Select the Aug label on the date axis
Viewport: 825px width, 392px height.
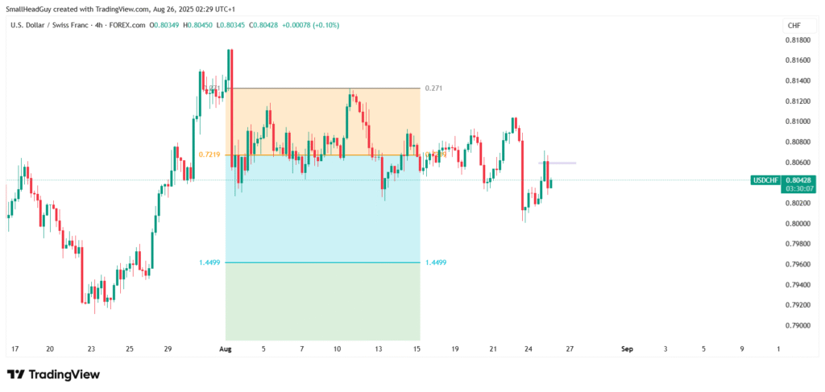tap(225, 349)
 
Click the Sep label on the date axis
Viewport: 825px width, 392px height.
tap(627, 349)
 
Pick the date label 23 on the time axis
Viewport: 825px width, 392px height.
tap(91, 349)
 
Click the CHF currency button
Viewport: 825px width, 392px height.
tap(794, 26)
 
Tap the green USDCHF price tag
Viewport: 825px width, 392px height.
tap(765, 179)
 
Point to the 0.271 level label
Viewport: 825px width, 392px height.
tap(433, 88)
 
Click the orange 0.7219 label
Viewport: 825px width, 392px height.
tap(209, 154)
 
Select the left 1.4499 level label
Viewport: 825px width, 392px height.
tap(209, 262)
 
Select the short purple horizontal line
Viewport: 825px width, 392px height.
tap(557, 163)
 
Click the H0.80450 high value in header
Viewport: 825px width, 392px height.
tap(198, 25)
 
